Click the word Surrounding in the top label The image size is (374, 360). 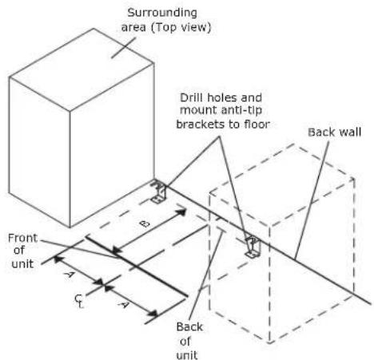click(x=162, y=14)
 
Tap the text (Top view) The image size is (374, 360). click(x=181, y=28)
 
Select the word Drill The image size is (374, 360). click(x=192, y=97)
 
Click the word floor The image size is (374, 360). click(x=257, y=125)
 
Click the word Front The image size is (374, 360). click(x=22, y=238)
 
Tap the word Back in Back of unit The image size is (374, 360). click(x=189, y=326)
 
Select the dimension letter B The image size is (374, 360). click(x=145, y=224)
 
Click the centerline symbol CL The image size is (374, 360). click(x=79, y=301)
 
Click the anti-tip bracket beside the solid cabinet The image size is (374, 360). click(x=158, y=192)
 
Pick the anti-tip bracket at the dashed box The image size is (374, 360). click(x=253, y=247)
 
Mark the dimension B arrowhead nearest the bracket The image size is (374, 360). click(x=182, y=212)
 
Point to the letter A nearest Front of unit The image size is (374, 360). click(x=69, y=274)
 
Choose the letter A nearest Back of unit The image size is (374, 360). click(x=122, y=304)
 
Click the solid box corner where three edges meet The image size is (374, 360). click(x=70, y=111)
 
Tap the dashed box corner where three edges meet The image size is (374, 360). click(x=269, y=227)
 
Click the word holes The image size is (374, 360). click(x=223, y=97)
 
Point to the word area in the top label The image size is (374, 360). click(x=133, y=28)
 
